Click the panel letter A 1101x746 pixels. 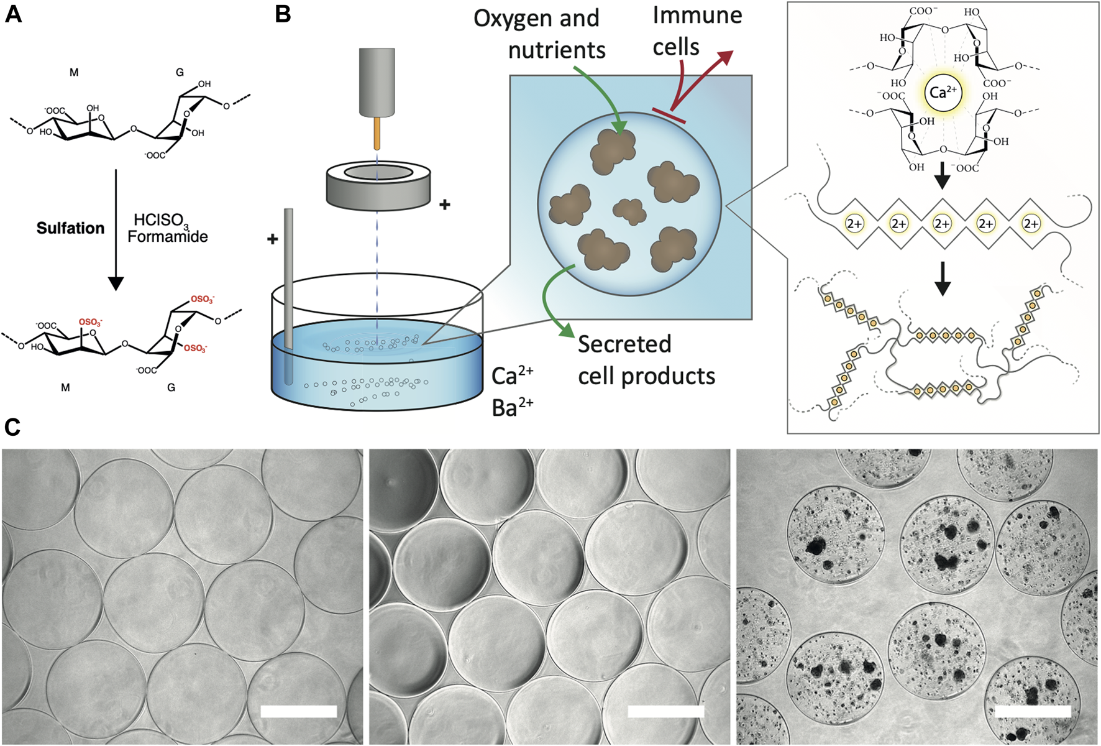coord(13,14)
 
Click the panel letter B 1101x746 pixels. coord(283,14)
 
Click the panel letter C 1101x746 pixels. coord(12,427)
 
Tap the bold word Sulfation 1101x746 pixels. coord(70,228)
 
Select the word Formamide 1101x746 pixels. coord(168,237)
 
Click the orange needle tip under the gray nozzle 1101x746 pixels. coord(377,134)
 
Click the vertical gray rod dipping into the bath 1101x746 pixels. coord(288,280)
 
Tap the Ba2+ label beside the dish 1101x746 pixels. coord(512,407)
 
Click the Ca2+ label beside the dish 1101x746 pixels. coord(512,375)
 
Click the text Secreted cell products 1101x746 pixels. coord(646,361)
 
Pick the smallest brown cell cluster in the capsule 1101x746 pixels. coord(630,211)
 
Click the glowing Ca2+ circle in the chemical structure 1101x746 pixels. coord(943,93)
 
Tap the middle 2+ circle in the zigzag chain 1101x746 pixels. coord(942,224)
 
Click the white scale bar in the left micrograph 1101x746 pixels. coord(298,711)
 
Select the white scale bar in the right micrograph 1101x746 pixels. coord(1033,711)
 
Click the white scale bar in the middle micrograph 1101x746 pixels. coord(665,711)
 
